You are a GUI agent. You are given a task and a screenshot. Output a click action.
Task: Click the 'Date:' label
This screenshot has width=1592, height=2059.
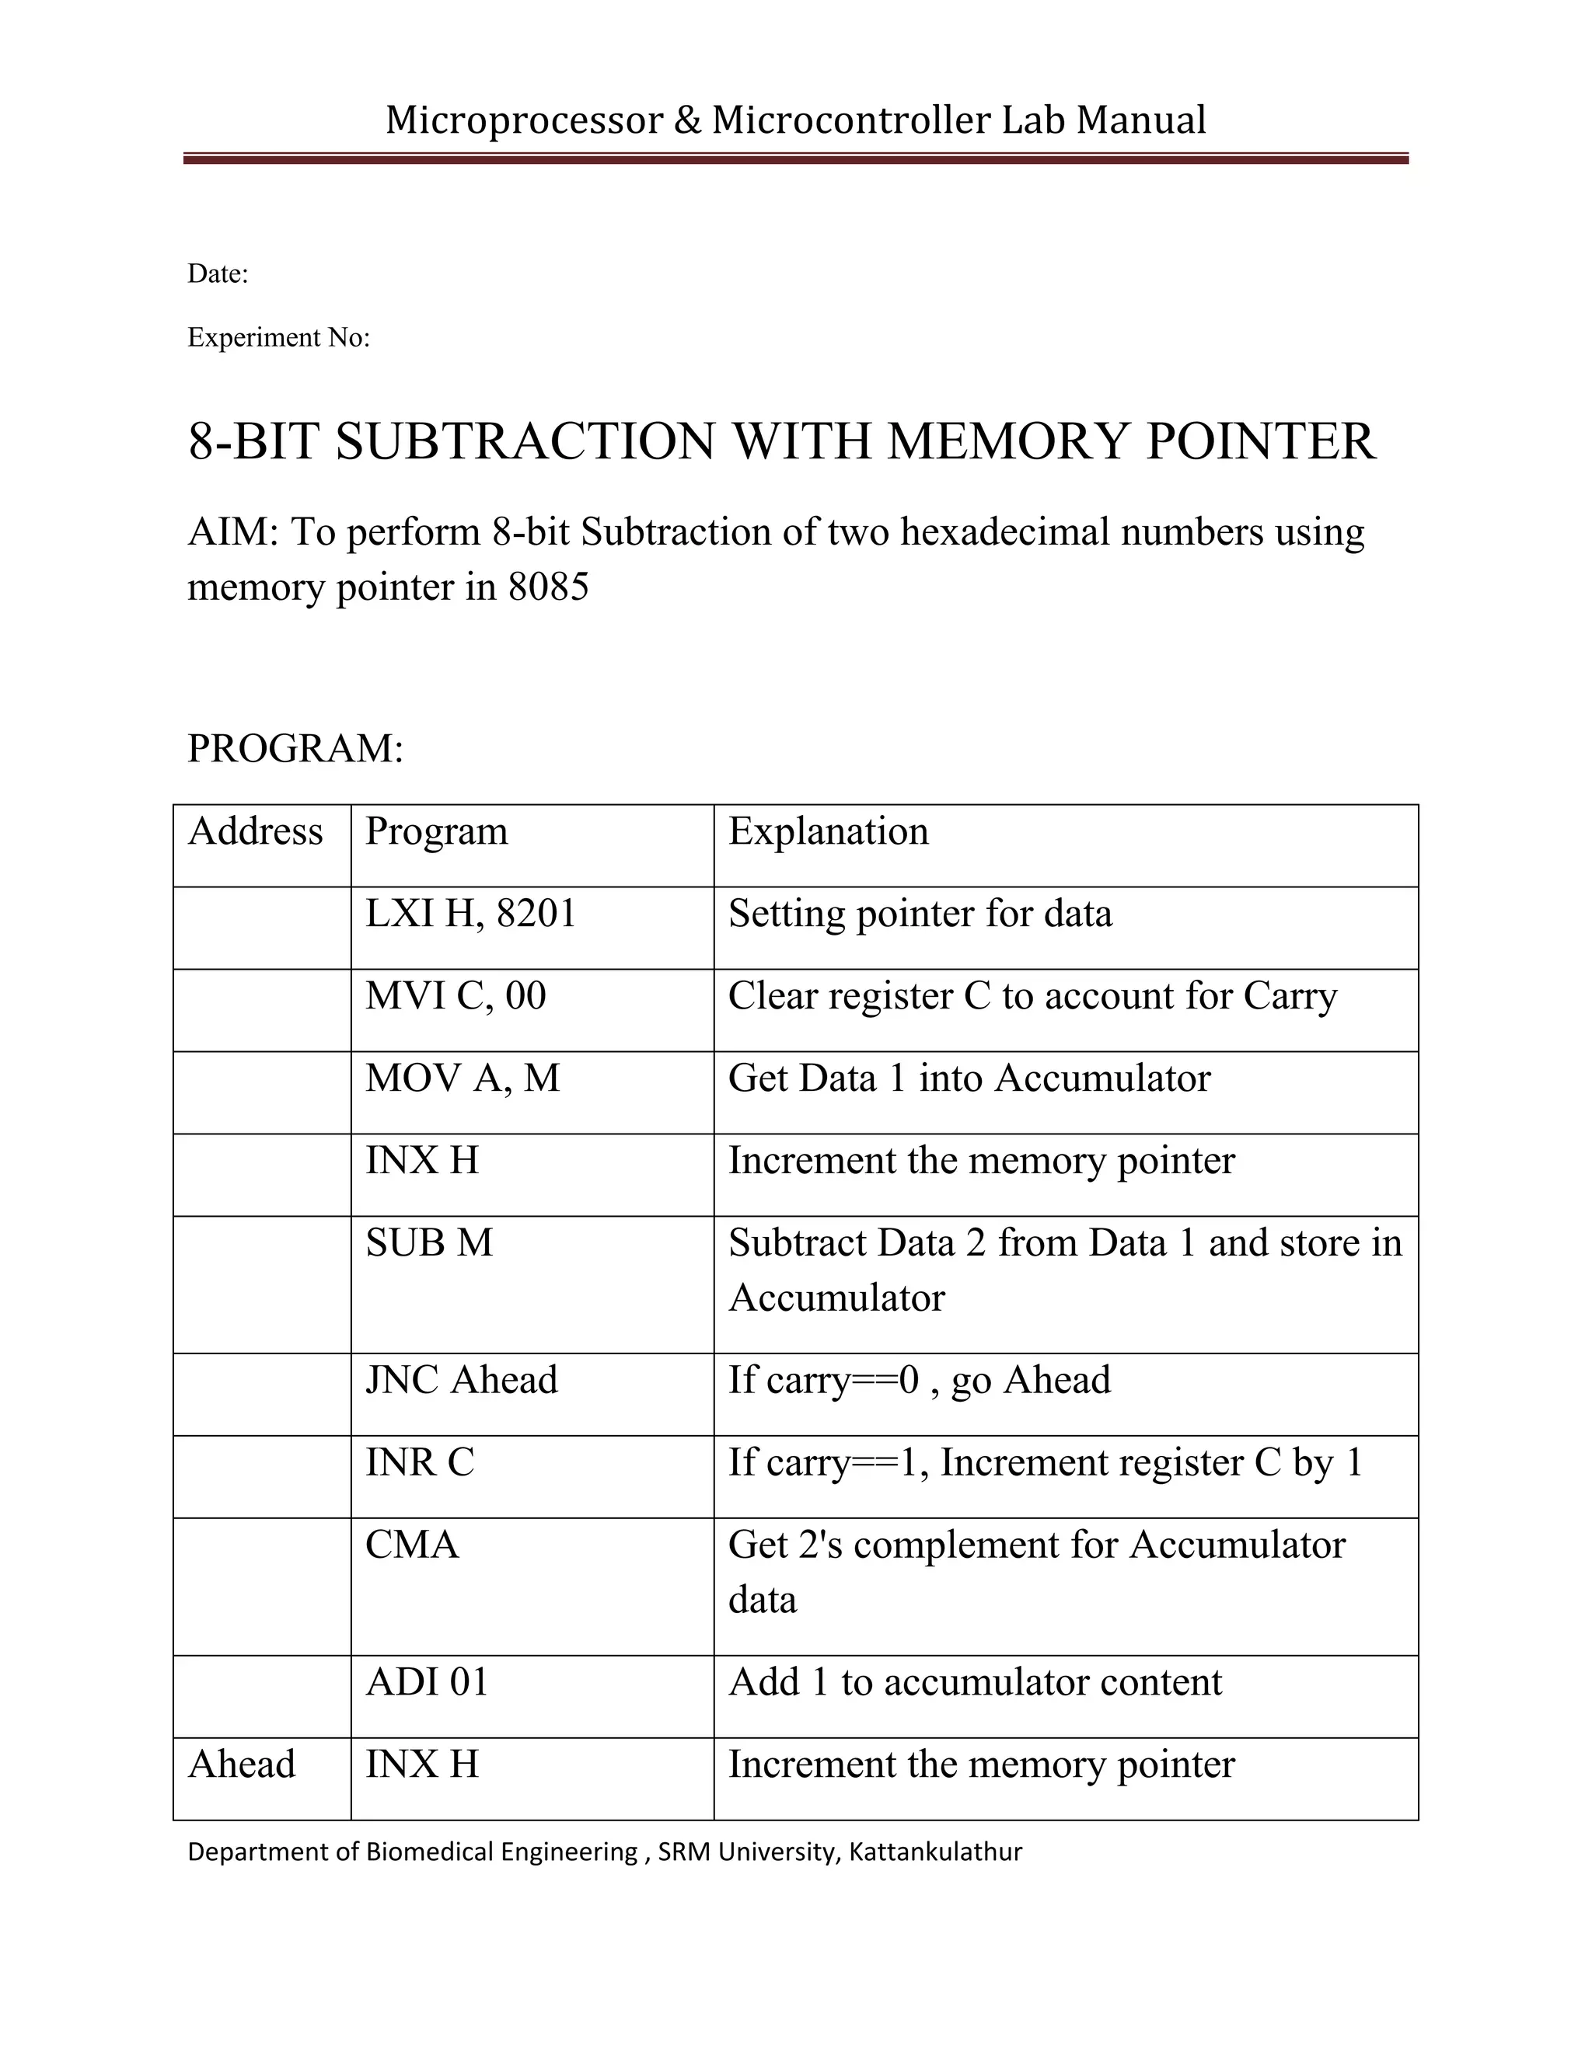(218, 274)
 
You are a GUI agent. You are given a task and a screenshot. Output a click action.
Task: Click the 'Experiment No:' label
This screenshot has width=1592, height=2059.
(278, 337)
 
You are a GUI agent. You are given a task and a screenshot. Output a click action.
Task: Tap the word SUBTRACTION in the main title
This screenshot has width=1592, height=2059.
(525, 441)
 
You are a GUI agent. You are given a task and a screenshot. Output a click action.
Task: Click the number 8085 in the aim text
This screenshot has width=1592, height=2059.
(548, 587)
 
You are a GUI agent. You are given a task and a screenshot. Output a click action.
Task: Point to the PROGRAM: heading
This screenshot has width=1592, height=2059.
(295, 748)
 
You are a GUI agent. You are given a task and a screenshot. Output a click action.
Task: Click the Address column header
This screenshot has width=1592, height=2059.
(256, 831)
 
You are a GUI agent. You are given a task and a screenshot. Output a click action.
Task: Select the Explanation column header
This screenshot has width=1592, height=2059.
(828, 831)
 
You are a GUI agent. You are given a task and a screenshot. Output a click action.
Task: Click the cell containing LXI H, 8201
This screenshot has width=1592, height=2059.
(470, 914)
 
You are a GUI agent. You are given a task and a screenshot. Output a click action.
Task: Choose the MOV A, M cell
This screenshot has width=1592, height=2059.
(463, 1078)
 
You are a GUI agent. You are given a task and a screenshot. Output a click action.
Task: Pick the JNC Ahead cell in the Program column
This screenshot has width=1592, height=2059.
(461, 1380)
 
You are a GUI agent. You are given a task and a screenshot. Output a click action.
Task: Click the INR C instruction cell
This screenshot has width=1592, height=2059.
(420, 1462)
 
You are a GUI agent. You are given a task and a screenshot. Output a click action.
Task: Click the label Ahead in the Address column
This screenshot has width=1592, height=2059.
(242, 1764)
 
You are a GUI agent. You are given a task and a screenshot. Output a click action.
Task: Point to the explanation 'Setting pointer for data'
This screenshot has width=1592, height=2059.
(920, 914)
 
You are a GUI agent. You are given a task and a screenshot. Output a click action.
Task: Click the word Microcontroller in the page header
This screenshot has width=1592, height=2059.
(850, 120)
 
